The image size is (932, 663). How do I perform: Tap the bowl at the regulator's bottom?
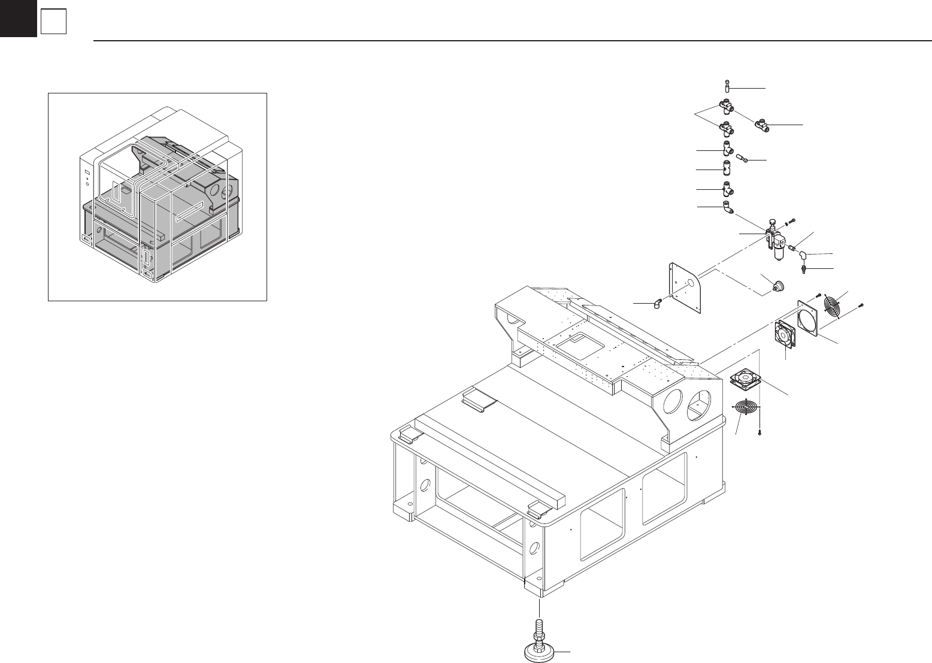click(x=778, y=255)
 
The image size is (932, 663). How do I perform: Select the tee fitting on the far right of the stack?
click(x=762, y=126)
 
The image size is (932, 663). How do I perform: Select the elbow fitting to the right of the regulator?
click(x=803, y=255)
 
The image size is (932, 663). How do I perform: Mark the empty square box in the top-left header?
click(x=52, y=23)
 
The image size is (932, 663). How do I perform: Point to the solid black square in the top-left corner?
click(x=18, y=18)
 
